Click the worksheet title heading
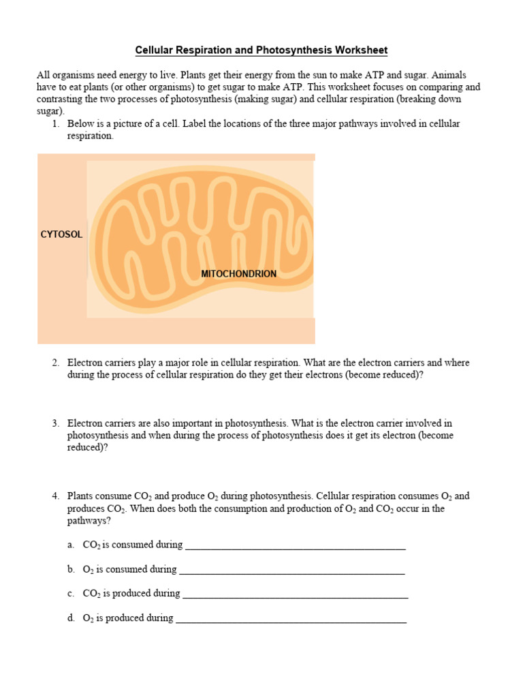click(261, 50)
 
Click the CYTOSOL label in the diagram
click(61, 234)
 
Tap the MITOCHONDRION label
click(238, 273)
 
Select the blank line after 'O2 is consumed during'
click(291, 570)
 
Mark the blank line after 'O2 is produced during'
click(291, 619)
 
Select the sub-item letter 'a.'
click(71, 545)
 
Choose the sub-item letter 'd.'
click(71, 619)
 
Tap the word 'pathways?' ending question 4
click(89, 521)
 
